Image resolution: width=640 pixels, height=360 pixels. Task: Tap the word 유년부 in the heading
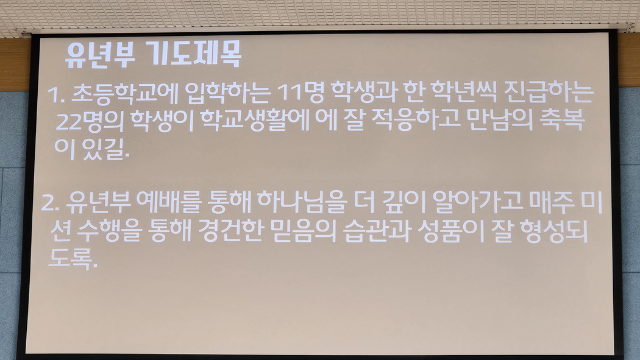click(100, 55)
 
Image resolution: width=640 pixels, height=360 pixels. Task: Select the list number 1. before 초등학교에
click(56, 94)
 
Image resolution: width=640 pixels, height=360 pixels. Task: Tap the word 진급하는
click(549, 93)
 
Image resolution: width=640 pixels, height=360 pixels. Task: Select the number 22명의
click(90, 121)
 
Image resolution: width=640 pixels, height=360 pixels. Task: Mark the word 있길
click(105, 149)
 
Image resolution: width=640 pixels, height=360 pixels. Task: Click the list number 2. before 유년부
click(50, 203)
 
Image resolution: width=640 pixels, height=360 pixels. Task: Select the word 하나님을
click(302, 202)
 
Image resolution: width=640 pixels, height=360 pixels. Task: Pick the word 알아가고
click(477, 202)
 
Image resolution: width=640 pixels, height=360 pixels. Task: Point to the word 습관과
click(377, 231)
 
